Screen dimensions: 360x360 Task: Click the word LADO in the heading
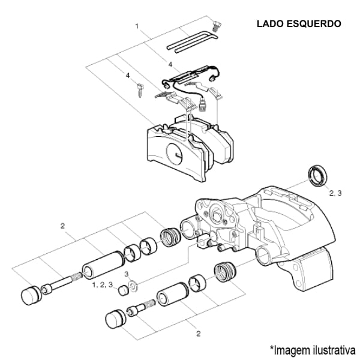271,24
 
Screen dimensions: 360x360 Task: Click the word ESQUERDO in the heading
314,24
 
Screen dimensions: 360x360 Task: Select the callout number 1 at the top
137,26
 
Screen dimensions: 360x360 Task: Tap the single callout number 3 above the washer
127,274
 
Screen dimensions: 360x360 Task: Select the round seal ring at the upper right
316,174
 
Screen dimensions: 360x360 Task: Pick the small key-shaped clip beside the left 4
139,90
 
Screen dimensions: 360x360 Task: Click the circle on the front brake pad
175,156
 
